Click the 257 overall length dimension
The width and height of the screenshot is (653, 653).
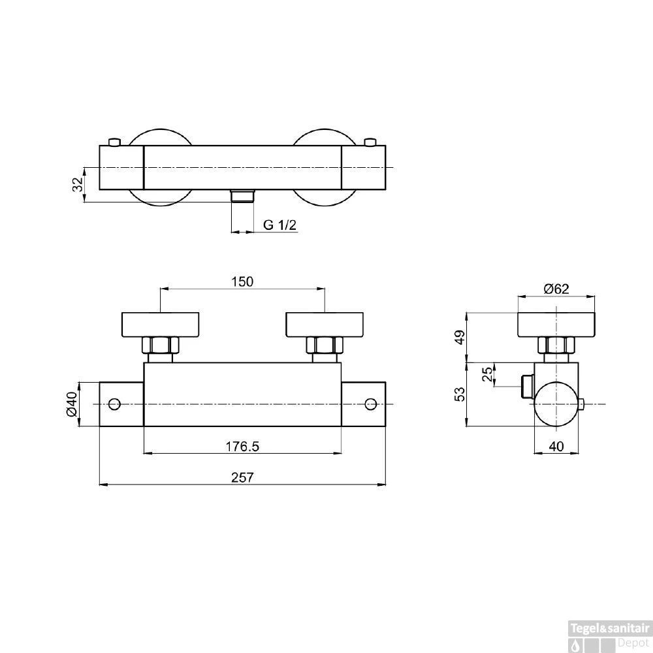tap(242, 477)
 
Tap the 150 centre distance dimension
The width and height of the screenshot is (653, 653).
tap(242, 281)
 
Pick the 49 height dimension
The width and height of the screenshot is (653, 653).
tap(460, 337)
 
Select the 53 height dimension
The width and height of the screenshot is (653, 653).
tap(460, 394)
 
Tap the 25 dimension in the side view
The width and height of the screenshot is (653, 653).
tap(486, 375)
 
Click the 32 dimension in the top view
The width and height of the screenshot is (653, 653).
tap(77, 184)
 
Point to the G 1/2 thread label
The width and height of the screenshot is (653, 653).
tap(280, 225)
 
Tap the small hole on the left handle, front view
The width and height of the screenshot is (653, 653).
tap(115, 404)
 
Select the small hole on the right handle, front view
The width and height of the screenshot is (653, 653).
tap(371, 404)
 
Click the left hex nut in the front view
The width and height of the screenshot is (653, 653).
tap(161, 345)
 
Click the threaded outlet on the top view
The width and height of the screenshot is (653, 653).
tap(243, 196)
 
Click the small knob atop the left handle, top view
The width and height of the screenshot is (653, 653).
tap(115, 142)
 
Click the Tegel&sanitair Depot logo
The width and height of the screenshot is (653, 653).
tap(611, 633)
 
